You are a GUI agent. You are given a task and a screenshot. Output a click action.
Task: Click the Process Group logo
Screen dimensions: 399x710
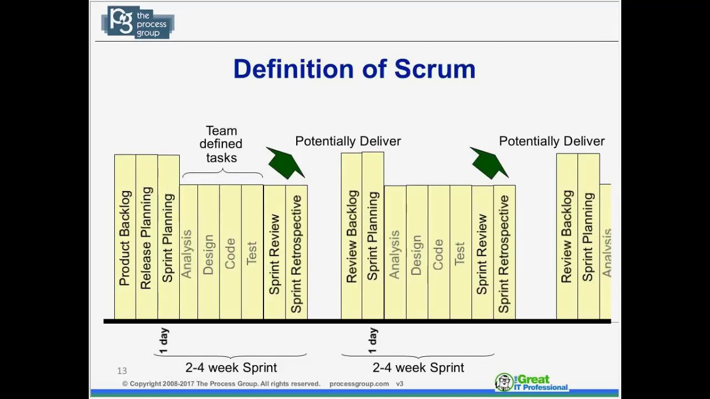click(138, 22)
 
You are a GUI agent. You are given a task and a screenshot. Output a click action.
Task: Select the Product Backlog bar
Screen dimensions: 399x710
click(125, 237)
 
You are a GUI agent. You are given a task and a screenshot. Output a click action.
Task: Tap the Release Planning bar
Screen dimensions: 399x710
click(146, 237)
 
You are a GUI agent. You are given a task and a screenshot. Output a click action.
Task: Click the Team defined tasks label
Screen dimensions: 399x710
click(221, 144)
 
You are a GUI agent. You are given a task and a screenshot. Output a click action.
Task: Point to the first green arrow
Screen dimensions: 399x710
click(285, 163)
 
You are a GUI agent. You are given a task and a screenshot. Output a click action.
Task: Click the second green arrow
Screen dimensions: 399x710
click(489, 163)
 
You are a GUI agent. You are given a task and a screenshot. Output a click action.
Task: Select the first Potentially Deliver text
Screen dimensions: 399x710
click(348, 141)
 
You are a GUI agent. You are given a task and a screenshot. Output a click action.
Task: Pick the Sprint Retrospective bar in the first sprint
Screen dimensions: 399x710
click(296, 252)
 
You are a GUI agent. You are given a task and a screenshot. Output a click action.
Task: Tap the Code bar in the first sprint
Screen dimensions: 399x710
click(230, 252)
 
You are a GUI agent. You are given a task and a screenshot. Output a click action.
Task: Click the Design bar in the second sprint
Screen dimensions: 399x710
click(417, 252)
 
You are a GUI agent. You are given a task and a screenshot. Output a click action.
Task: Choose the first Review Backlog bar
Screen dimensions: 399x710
click(351, 237)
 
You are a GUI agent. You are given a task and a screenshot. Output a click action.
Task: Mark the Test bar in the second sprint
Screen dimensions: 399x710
click(460, 252)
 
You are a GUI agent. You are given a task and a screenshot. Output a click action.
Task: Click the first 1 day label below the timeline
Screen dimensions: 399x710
click(164, 340)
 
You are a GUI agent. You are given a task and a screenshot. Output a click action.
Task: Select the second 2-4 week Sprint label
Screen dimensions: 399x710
click(418, 367)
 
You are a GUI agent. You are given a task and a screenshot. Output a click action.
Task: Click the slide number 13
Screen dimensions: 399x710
click(122, 371)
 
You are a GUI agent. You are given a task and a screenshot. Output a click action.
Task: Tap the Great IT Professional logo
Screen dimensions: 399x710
click(531, 382)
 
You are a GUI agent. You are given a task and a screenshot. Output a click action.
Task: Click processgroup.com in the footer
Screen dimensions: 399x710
click(359, 383)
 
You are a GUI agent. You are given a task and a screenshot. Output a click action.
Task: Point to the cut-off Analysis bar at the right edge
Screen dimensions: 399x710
click(606, 252)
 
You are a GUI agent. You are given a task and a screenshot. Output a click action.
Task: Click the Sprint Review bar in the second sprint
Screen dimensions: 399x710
click(482, 252)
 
